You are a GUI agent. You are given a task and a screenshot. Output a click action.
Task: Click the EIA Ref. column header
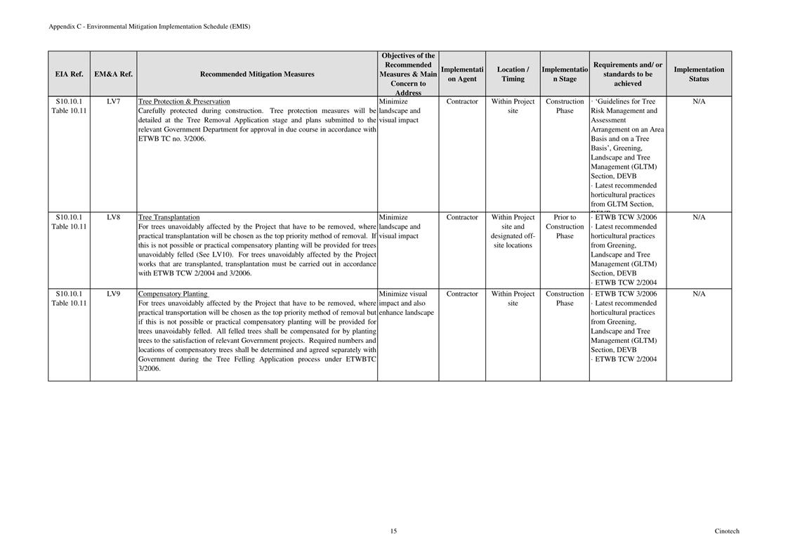pyautogui.click(x=69, y=74)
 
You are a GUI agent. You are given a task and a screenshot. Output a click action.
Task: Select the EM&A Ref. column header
pyautogui.click(x=113, y=74)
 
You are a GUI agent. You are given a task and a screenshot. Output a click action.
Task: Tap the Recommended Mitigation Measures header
pyautogui.click(x=257, y=74)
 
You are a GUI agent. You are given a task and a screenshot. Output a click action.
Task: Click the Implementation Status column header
pyautogui.click(x=699, y=74)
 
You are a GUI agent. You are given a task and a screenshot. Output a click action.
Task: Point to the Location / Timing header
pyautogui.click(x=513, y=74)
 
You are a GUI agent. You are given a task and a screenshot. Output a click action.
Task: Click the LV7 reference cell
pyautogui.click(x=113, y=101)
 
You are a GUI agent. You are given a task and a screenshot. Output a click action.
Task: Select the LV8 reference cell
pyautogui.click(x=113, y=217)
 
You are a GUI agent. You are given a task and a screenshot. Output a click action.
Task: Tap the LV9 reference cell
pyautogui.click(x=113, y=294)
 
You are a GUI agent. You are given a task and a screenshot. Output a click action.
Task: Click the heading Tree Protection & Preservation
pyautogui.click(x=184, y=101)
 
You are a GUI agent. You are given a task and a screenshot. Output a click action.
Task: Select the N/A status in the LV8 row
pyautogui.click(x=699, y=217)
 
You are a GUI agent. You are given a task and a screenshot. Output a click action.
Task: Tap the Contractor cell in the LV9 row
pyautogui.click(x=462, y=294)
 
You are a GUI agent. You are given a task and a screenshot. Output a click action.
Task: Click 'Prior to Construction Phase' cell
pyautogui.click(x=565, y=226)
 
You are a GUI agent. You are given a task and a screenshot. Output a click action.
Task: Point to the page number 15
pyautogui.click(x=393, y=531)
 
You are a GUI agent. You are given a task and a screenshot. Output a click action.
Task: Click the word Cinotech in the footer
pyautogui.click(x=727, y=531)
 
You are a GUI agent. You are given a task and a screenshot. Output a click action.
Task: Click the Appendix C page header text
pyautogui.click(x=149, y=27)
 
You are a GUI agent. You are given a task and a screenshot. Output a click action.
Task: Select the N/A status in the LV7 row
pyautogui.click(x=699, y=101)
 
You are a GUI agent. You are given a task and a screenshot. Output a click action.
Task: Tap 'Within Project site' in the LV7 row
pyautogui.click(x=513, y=106)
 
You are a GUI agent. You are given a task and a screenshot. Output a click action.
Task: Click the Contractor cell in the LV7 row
pyautogui.click(x=462, y=101)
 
